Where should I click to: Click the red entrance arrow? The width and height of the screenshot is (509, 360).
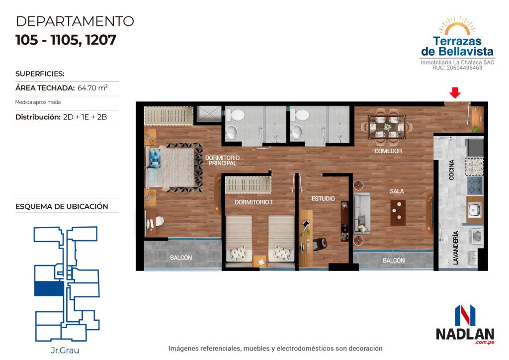(455, 92)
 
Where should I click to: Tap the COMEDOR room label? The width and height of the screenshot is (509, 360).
(388, 151)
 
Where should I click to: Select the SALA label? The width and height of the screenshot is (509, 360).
(397, 191)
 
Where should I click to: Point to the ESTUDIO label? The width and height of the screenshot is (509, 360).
(323, 199)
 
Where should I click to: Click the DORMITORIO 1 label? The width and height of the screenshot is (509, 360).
(254, 202)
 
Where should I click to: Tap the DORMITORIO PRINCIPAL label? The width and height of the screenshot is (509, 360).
(222, 161)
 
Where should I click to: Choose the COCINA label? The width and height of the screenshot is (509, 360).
(451, 170)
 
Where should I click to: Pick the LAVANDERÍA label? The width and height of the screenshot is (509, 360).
(455, 248)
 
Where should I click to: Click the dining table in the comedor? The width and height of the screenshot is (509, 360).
(387, 127)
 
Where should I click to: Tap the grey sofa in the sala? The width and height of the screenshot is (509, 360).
(362, 213)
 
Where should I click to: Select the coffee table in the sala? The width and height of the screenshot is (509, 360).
(398, 213)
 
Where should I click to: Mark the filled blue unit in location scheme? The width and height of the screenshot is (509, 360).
(49, 288)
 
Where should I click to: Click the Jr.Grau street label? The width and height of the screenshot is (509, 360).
(65, 350)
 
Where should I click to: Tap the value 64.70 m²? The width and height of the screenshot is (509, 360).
(92, 88)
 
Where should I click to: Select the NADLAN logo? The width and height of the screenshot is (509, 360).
(465, 325)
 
